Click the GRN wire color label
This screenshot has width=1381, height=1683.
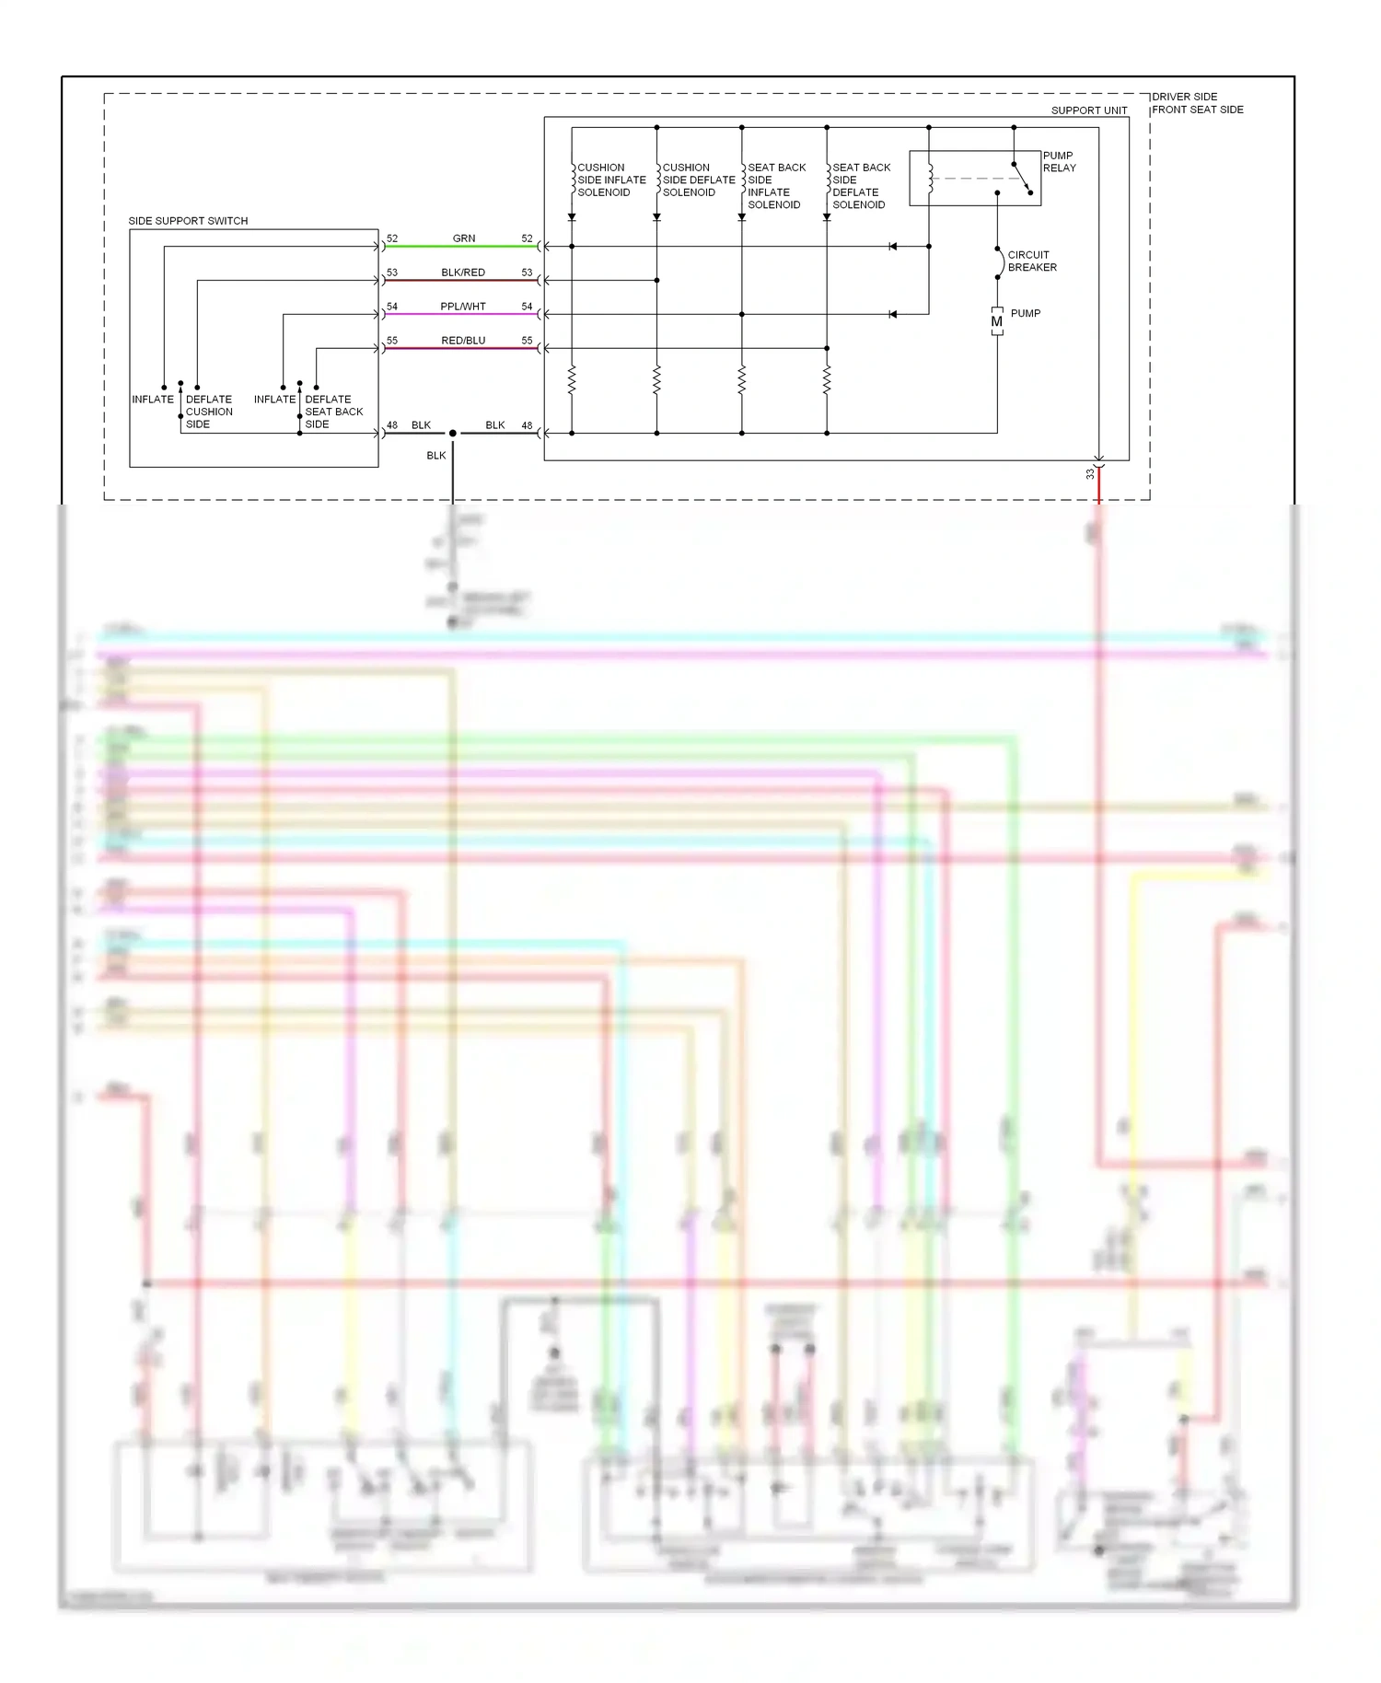pyautogui.click(x=464, y=238)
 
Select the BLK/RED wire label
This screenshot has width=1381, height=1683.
pyautogui.click(x=463, y=273)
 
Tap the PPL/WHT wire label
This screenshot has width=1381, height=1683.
pyautogui.click(x=463, y=307)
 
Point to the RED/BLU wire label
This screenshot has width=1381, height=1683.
pyautogui.click(x=463, y=341)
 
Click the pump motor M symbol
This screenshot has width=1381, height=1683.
pyautogui.click(x=997, y=321)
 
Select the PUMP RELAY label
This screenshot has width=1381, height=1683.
pyautogui.click(x=1059, y=162)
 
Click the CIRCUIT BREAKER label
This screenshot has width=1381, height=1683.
pyautogui.click(x=1032, y=261)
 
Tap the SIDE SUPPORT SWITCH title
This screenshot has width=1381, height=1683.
pyautogui.click(x=188, y=221)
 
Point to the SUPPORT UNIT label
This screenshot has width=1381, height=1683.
pyautogui.click(x=1089, y=110)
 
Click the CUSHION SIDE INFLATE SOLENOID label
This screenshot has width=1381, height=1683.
pyautogui.click(x=611, y=180)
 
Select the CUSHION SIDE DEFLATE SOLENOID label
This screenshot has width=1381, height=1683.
pyautogui.click(x=698, y=180)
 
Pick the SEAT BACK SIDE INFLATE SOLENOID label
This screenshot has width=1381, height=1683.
pyautogui.click(x=776, y=186)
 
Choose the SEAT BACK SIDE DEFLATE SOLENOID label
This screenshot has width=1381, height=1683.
pyautogui.click(x=861, y=186)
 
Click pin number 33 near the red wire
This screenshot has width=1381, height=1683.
pyautogui.click(x=1090, y=474)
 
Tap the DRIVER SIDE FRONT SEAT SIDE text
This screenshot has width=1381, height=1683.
pyautogui.click(x=1197, y=103)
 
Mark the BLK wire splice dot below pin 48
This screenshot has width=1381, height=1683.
pyautogui.click(x=452, y=433)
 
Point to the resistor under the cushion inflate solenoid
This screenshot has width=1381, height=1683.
pyautogui.click(x=572, y=379)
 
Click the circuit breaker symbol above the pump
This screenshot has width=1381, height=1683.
pyautogui.click(x=999, y=262)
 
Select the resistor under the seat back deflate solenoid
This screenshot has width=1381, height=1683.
pyautogui.click(x=827, y=379)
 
